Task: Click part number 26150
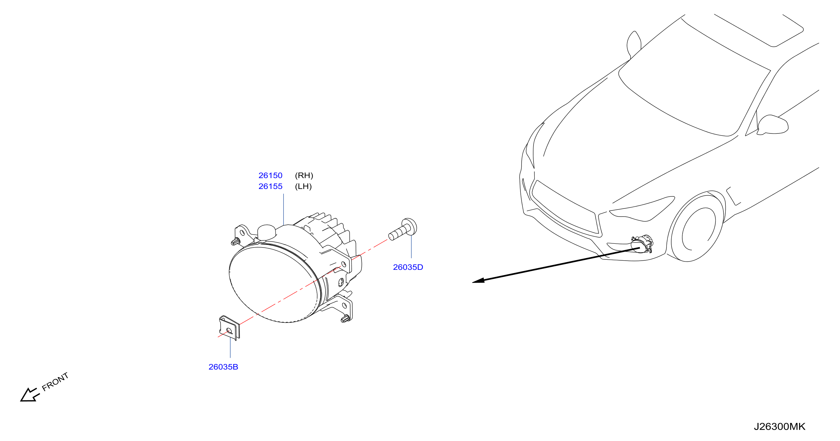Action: point(270,176)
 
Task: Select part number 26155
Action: point(270,187)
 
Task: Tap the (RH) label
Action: point(304,176)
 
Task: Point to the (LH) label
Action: point(303,187)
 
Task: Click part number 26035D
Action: point(408,267)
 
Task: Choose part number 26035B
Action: point(223,367)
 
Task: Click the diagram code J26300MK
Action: point(779,427)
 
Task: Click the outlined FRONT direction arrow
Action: point(30,395)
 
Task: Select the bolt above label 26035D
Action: point(403,229)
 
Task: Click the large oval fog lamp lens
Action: point(273,284)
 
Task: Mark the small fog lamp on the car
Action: point(642,244)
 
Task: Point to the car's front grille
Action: point(566,208)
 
